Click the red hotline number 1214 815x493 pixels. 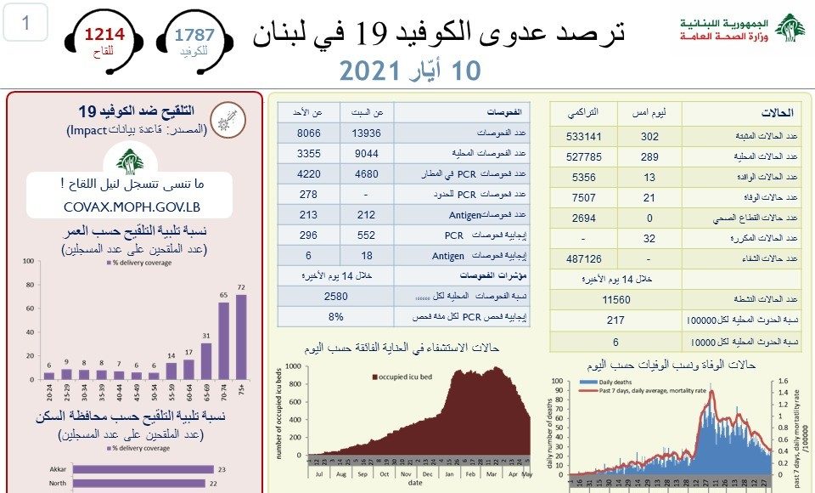tap(104, 35)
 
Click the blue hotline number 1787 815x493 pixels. tap(195, 35)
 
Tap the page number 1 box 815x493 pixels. tap(26, 23)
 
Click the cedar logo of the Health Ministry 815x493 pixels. tap(790, 30)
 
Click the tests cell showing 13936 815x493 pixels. tap(367, 133)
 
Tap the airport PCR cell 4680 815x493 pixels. tap(367, 174)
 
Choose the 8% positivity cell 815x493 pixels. tap(336, 316)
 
